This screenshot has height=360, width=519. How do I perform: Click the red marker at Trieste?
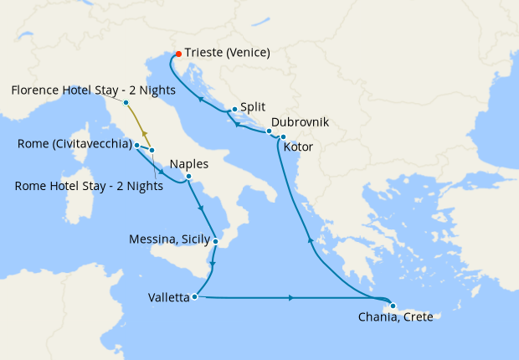(178, 54)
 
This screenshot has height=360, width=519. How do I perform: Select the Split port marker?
(234, 109)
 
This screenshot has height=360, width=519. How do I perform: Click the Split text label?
(253, 108)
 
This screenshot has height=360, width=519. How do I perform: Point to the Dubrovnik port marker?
(269, 131)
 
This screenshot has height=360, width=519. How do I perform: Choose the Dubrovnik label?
(300, 122)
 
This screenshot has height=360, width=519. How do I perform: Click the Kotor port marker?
(283, 136)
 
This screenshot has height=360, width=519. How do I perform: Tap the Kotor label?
(301, 147)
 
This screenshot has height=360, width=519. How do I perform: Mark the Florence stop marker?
(126, 103)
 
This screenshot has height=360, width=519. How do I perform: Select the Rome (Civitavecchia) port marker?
(136, 145)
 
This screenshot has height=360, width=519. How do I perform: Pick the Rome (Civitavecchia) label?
(74, 145)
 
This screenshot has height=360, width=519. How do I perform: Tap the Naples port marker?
(188, 177)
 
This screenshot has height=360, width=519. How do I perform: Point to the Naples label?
(188, 164)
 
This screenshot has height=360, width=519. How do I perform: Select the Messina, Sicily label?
(168, 239)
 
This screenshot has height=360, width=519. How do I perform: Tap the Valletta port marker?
(194, 296)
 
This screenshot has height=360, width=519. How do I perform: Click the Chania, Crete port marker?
(393, 306)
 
